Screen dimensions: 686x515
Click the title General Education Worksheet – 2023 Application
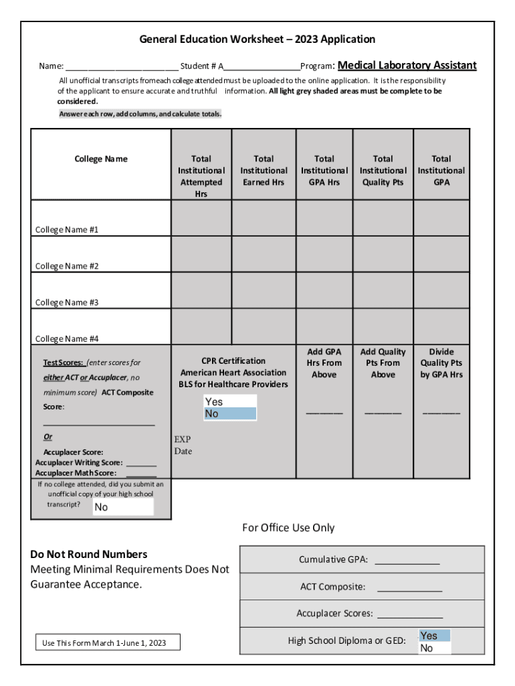coord(257,40)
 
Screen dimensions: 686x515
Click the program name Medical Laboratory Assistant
coord(407,66)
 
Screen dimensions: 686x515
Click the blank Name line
coord(122,67)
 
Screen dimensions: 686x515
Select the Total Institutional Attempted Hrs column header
coord(201,176)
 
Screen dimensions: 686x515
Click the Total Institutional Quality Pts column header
coord(383,170)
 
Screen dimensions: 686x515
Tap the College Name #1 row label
coord(67,230)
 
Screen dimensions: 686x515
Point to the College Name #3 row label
coord(67,302)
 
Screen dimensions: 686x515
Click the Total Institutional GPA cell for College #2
coord(441,254)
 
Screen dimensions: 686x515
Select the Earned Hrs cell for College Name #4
coord(264,326)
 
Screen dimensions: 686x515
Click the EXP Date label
coord(183,445)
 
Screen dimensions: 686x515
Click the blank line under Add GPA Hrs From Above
coord(324,412)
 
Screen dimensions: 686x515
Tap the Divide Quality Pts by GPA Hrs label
coord(441,363)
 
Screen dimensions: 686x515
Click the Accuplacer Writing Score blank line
coord(141,464)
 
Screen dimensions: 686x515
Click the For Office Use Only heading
coord(288,528)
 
